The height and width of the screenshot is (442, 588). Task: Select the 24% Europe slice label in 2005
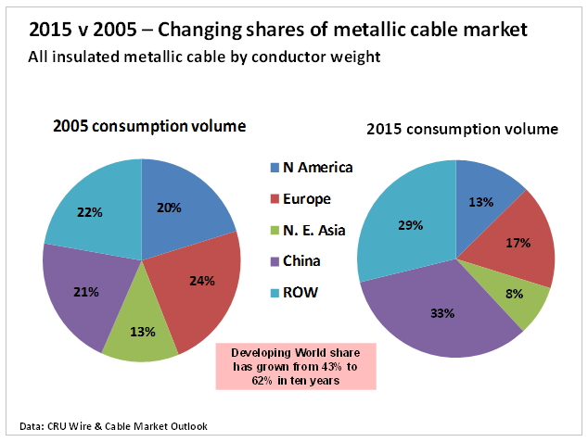click(x=202, y=280)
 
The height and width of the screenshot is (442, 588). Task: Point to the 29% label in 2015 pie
click(x=411, y=225)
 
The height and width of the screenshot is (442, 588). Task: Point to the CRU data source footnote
click(x=113, y=426)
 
